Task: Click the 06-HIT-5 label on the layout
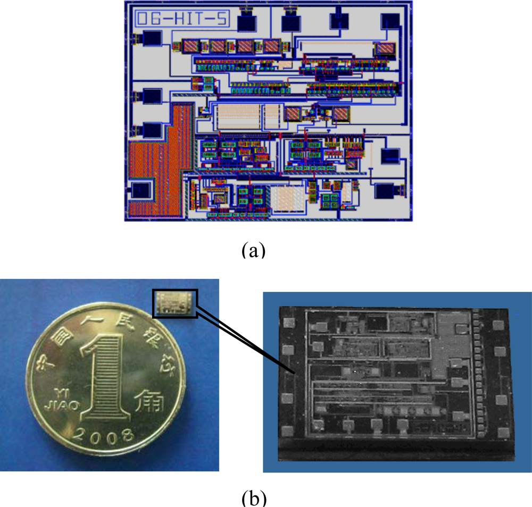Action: pos(182,19)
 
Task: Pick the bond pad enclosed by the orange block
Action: pos(140,191)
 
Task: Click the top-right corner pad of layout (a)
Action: pos(390,21)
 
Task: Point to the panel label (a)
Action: pos(253,248)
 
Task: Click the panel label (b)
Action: pos(253,498)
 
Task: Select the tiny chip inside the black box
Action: pos(175,303)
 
